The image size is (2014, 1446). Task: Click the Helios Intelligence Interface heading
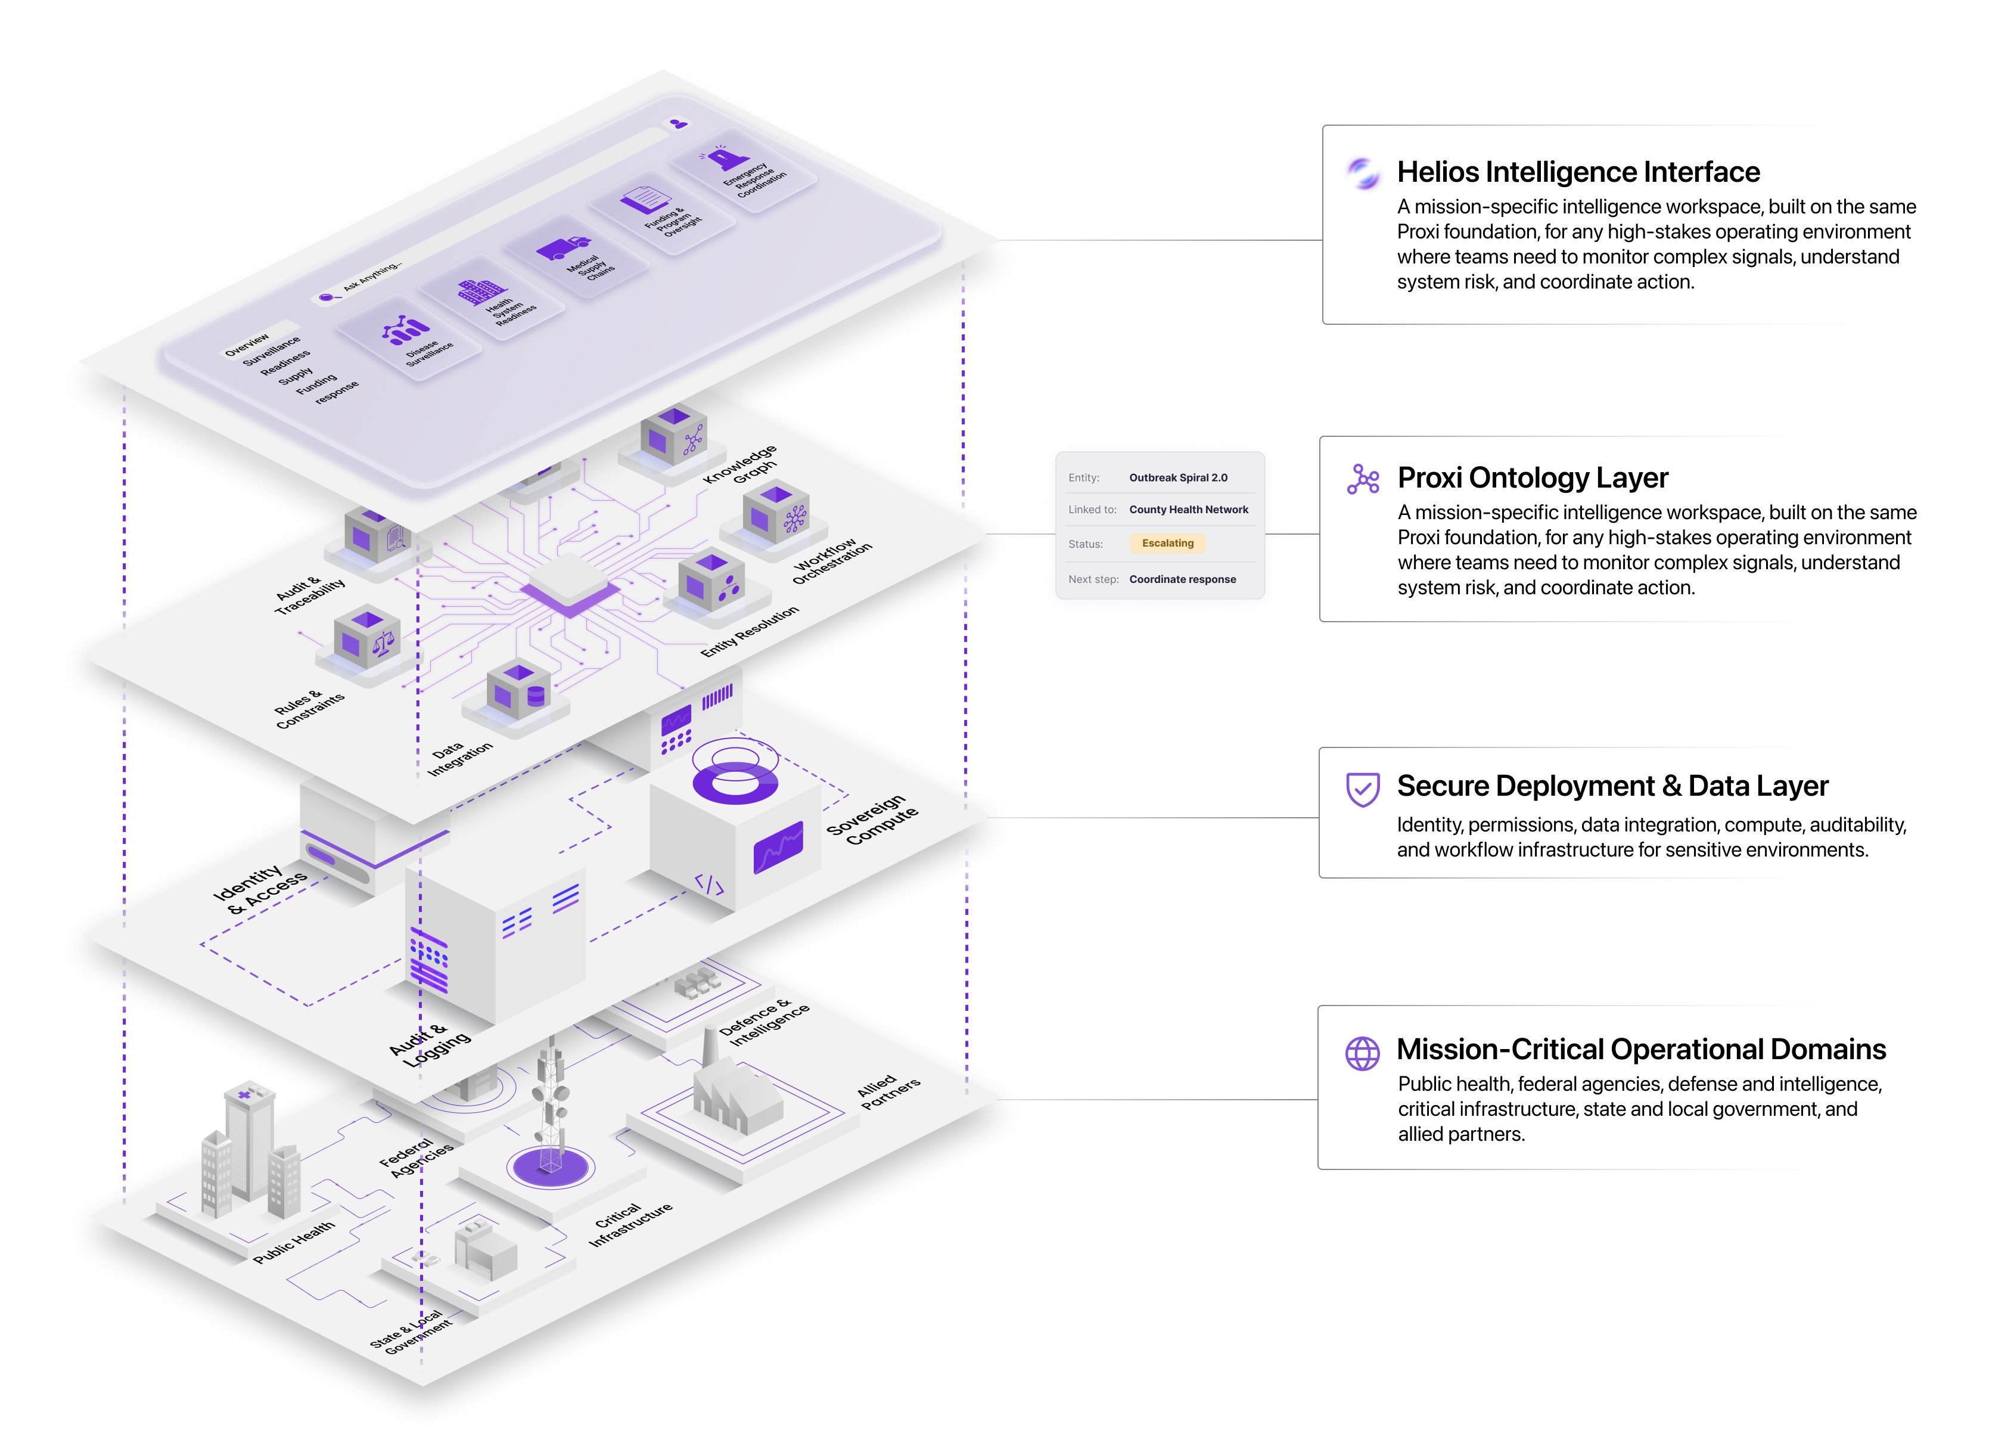1578,172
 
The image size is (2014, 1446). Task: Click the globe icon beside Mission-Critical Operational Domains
1362,1053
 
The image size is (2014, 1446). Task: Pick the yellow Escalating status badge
1168,542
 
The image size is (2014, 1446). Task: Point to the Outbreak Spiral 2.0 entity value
1179,478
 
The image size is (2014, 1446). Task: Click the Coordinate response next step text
1182,579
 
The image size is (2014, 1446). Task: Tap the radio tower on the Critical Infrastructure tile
551,1101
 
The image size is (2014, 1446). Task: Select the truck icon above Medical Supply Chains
563,249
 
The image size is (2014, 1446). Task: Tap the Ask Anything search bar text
372,277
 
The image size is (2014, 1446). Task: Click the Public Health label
294,1242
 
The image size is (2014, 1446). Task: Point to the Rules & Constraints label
308,708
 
